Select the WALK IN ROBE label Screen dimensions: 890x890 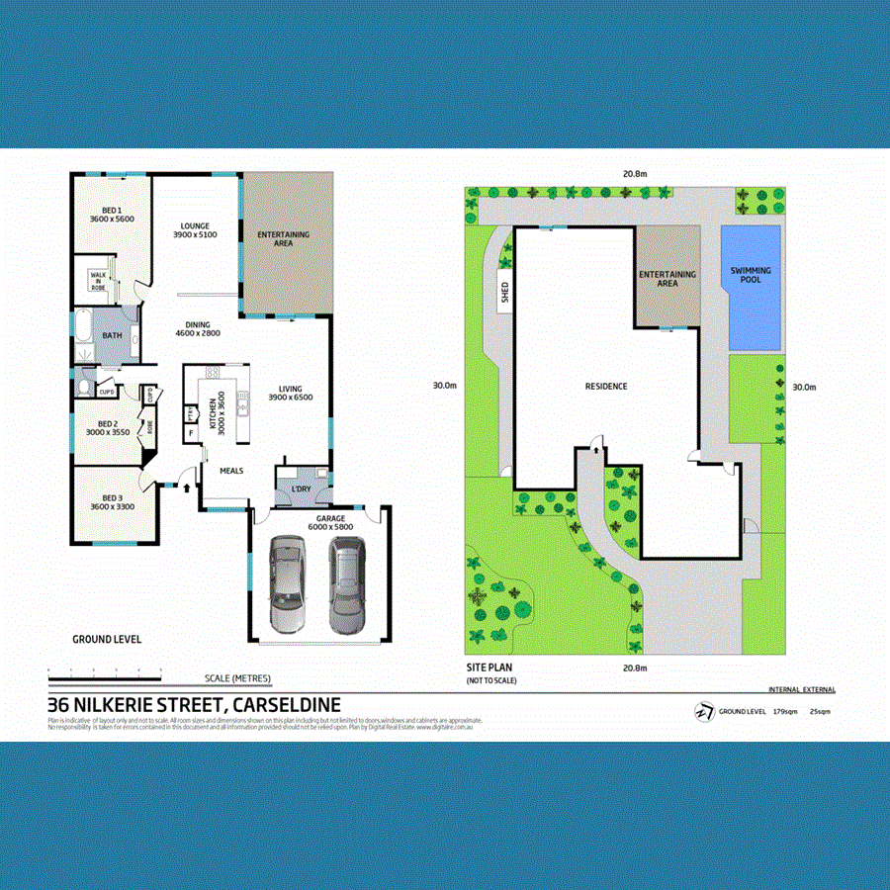click(x=99, y=280)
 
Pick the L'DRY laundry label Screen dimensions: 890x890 click(x=301, y=488)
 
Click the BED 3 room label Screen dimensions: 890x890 click(x=111, y=501)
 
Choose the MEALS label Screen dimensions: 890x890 click(x=231, y=471)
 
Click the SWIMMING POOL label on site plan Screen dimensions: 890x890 click(x=751, y=275)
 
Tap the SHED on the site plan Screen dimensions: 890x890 click(x=504, y=292)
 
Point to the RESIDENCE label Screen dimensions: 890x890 click(x=606, y=386)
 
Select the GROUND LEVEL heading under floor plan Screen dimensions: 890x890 click(x=107, y=639)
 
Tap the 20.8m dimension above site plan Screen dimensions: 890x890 click(x=634, y=174)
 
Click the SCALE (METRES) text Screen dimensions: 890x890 click(x=237, y=678)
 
